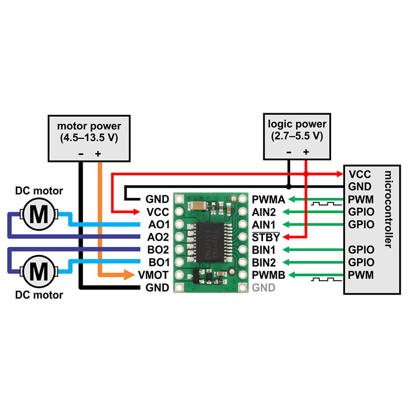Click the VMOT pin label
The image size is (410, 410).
tap(154, 275)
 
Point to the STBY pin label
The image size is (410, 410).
tap(265, 237)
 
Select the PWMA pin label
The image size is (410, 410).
tap(265, 199)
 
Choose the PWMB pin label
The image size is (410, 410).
tap(265, 275)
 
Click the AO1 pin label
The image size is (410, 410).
tap(157, 224)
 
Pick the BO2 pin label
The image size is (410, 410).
tap(157, 250)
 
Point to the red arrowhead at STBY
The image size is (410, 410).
tap(285, 237)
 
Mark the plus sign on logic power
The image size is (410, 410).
tap(306, 152)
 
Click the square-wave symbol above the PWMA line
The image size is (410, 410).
tap(323, 204)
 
